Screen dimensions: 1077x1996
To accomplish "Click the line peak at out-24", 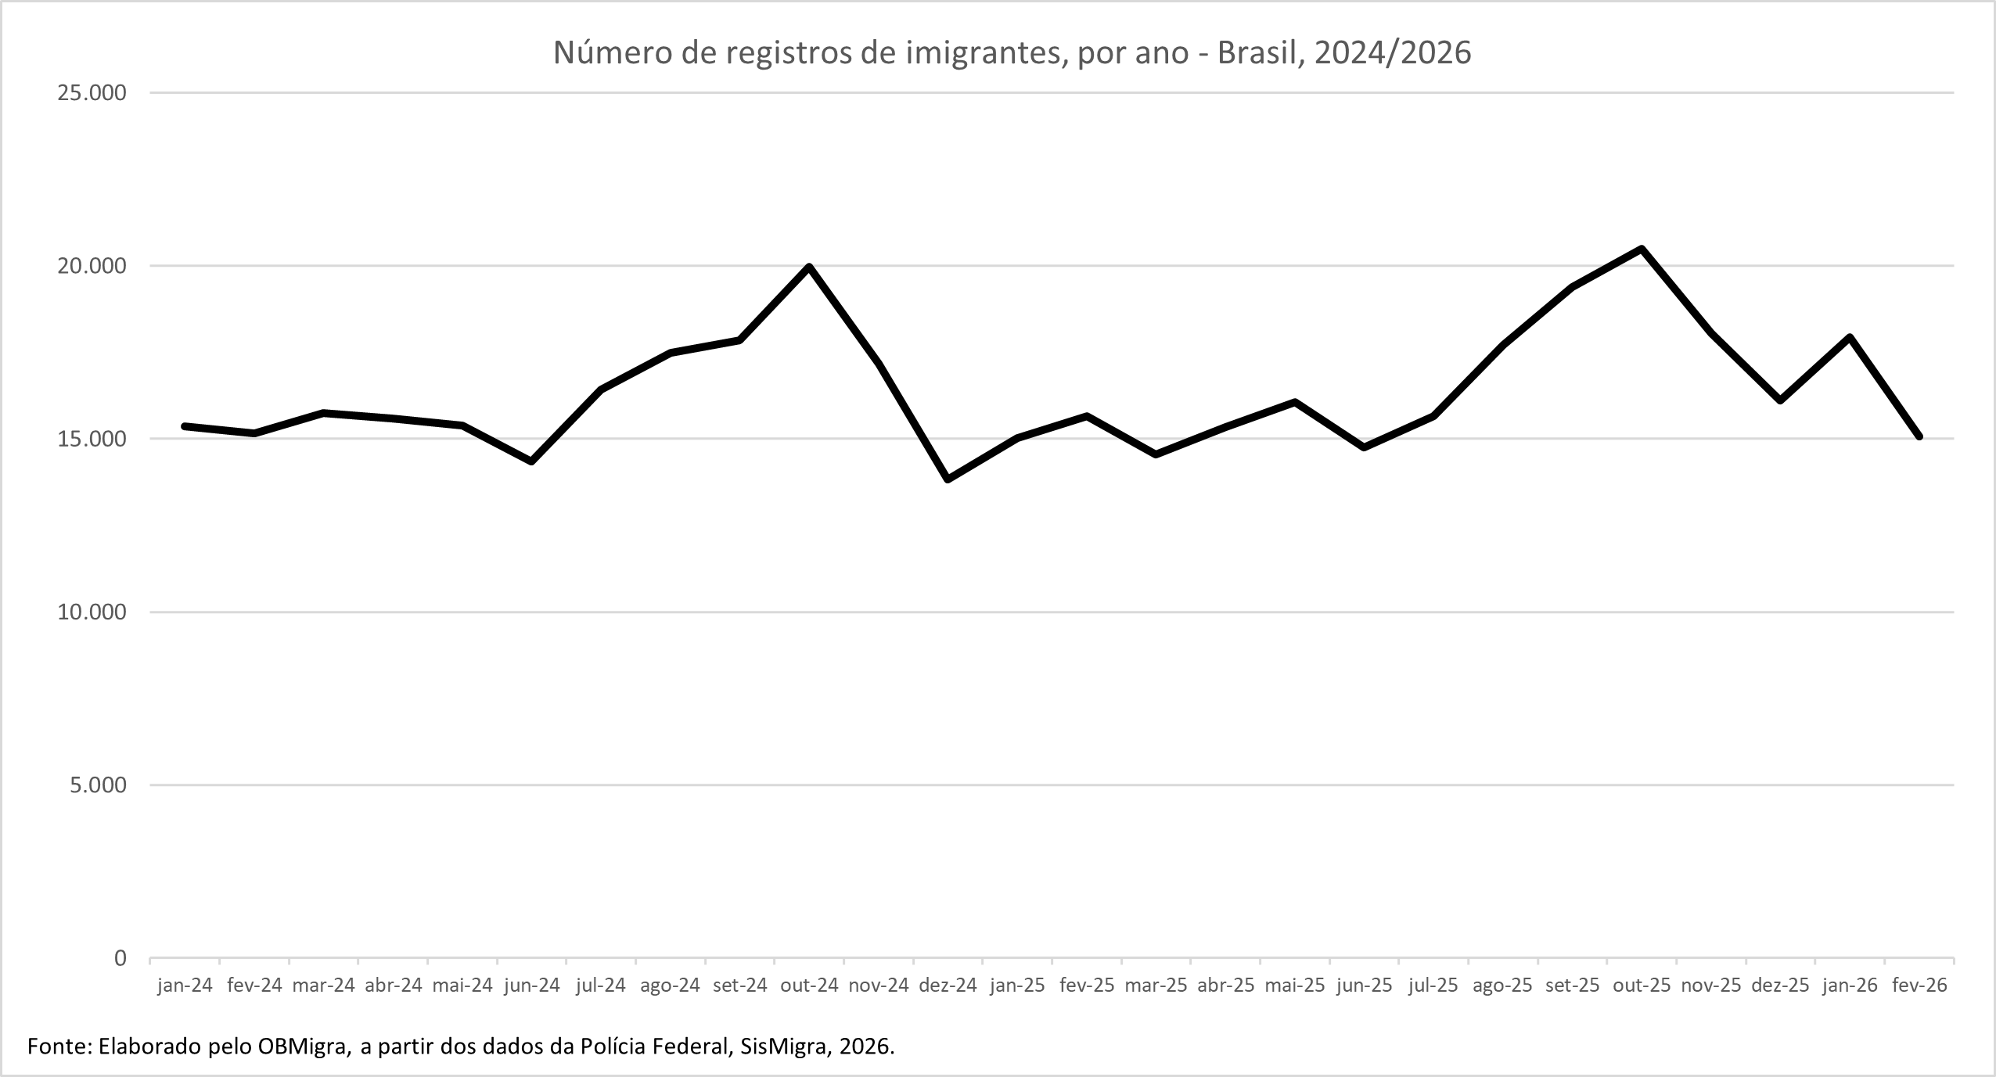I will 809,267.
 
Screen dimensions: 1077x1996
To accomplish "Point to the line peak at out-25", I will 1642,249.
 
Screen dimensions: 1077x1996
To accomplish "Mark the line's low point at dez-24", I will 948,479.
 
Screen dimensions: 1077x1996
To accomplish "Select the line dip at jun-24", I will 532,461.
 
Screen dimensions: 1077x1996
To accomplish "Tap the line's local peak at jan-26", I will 1850,337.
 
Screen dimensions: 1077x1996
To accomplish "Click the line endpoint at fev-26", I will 1919,436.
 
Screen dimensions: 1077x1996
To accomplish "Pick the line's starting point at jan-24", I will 185,426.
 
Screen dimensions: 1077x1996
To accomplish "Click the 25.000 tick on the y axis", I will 92,93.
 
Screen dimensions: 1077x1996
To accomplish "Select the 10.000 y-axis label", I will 92,612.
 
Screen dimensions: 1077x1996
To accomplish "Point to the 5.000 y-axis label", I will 98,784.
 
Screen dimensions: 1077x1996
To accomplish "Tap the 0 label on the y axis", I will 120,958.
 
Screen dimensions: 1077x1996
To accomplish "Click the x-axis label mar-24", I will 323,985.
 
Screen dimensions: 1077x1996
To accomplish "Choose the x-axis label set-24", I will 739,985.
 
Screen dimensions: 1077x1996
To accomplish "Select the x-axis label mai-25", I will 1295,985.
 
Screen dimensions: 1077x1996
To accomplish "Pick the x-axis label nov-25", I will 1711,985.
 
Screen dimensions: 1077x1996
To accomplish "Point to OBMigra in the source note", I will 304,1046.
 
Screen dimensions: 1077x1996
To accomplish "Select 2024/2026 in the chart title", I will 1392,52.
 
